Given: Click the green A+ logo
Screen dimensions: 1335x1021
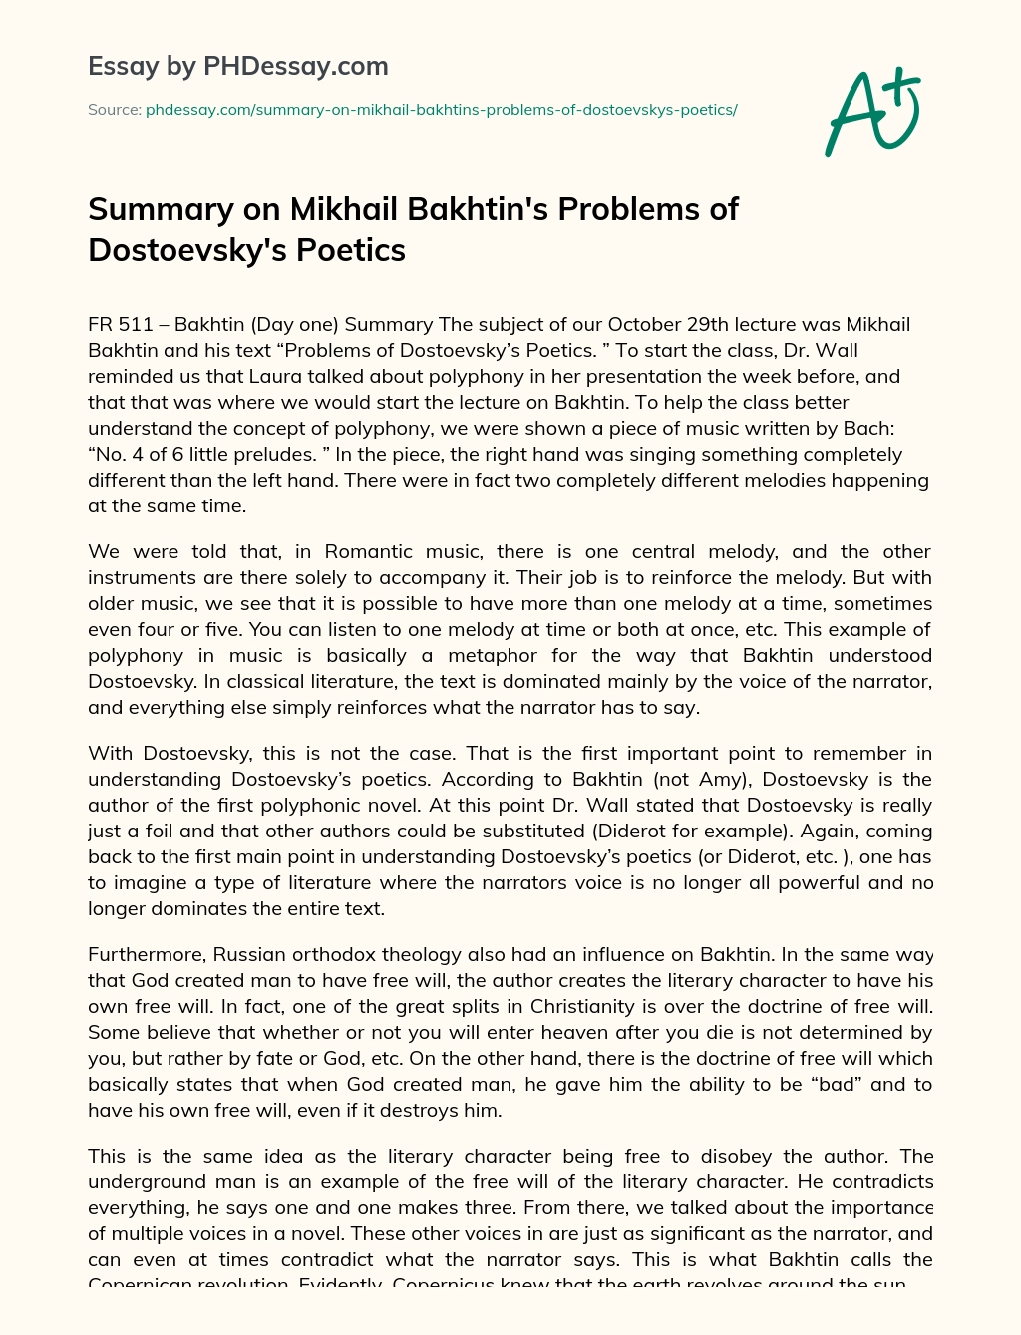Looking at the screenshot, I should click(x=872, y=112).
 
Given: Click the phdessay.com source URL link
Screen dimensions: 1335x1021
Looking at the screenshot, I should click(x=441, y=110).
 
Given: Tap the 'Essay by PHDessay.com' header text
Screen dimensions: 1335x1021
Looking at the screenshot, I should click(x=238, y=67).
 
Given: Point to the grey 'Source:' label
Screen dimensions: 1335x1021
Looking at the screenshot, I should click(x=115, y=110).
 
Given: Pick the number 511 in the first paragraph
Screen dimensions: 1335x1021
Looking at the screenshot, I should click(x=140, y=325).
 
